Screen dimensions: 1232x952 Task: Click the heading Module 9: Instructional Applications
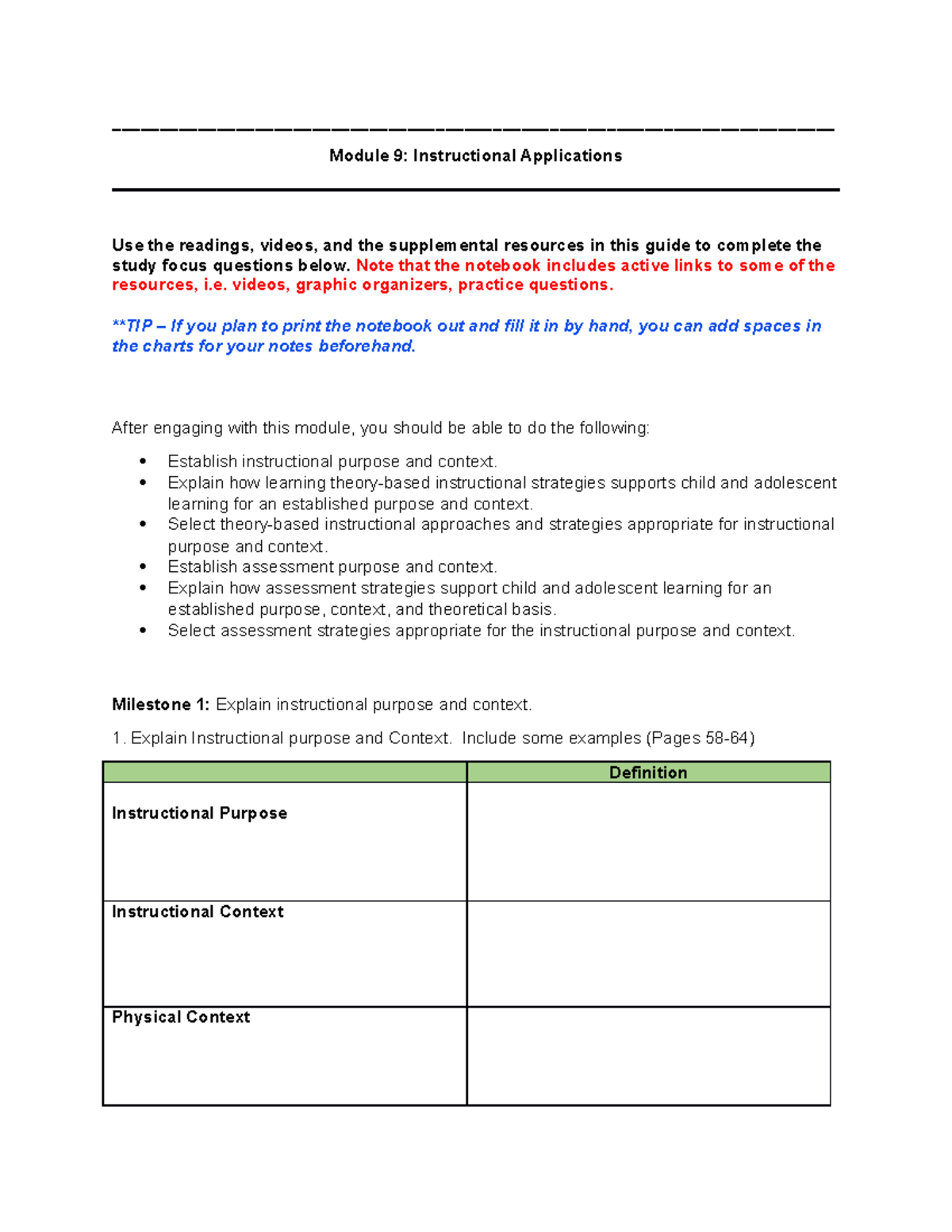pyautogui.click(x=475, y=155)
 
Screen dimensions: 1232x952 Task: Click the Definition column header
pyautogui.click(x=647, y=773)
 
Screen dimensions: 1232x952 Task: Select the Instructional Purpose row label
pyautogui.click(x=199, y=813)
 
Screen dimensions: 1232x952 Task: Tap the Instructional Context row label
pyautogui.click(x=198, y=912)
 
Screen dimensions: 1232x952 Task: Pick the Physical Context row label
pyautogui.click(x=181, y=1017)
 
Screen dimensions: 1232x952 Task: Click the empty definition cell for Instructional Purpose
pyautogui.click(x=647, y=841)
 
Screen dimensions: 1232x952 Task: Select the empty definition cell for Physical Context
pyautogui.click(x=647, y=1056)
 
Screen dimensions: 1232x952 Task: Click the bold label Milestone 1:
pyautogui.click(x=160, y=704)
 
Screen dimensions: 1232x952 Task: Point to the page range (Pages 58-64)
pyautogui.click(x=700, y=738)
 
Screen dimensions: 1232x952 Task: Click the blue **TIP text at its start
pyautogui.click(x=132, y=326)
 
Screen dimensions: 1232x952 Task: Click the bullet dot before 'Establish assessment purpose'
pyautogui.click(x=143, y=566)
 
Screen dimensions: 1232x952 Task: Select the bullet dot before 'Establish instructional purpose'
pyautogui.click(x=143, y=461)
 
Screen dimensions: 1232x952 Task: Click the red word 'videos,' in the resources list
pyautogui.click(x=261, y=285)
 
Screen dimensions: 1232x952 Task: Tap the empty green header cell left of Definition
pyautogui.click(x=284, y=773)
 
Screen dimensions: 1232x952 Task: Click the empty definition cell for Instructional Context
pyautogui.click(x=647, y=954)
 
